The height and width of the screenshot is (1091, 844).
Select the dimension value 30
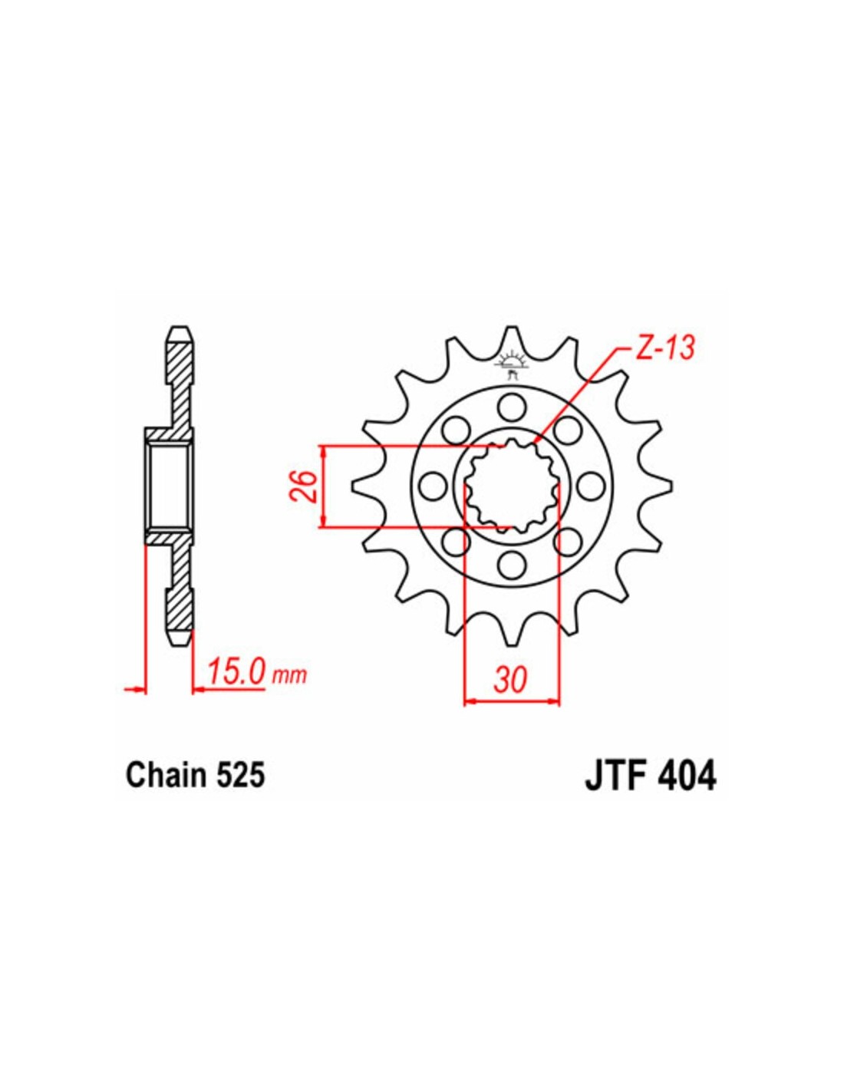pyautogui.click(x=510, y=681)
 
